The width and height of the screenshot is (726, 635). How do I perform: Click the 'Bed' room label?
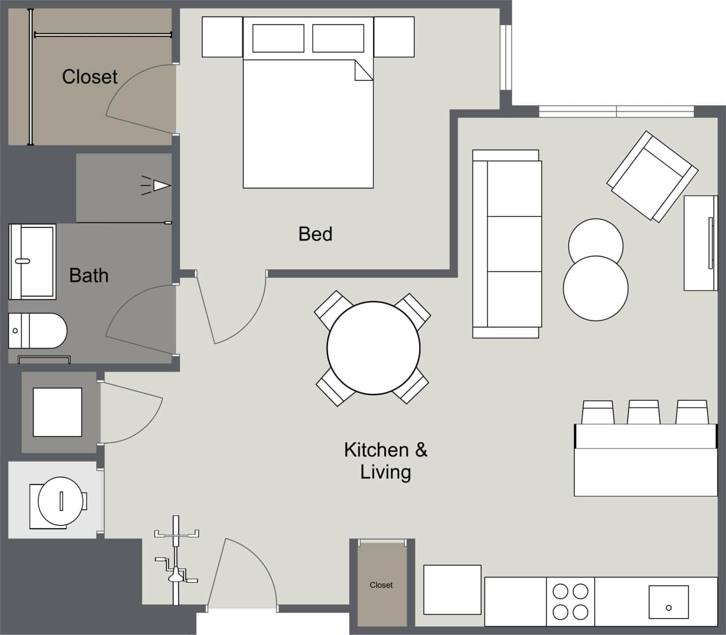click(315, 234)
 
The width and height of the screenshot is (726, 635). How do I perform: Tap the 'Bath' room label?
click(88, 276)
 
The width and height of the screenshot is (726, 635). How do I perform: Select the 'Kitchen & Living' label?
click(385, 460)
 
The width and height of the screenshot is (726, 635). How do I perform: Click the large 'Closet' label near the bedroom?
click(89, 77)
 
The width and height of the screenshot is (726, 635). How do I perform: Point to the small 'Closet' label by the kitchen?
click(381, 585)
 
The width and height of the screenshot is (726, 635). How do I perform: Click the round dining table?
click(373, 348)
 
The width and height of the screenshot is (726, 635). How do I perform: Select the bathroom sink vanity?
click(32, 261)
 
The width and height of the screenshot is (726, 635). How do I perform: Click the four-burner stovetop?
click(570, 601)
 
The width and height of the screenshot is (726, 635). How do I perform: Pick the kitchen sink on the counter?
click(668, 602)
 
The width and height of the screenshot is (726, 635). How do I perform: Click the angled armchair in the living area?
click(652, 176)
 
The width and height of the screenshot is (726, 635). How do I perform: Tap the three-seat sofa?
click(507, 244)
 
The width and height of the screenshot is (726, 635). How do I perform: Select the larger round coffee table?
click(595, 288)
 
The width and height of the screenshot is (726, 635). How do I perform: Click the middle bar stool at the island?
click(643, 412)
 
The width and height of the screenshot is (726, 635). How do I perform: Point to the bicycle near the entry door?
click(176, 560)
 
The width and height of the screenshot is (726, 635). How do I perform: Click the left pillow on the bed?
click(278, 38)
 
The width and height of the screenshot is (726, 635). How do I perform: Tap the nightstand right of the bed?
click(394, 37)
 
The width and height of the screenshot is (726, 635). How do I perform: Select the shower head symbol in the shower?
click(160, 185)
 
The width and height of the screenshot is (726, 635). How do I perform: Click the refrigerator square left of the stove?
click(452, 590)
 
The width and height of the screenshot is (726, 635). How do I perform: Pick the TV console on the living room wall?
click(700, 243)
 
